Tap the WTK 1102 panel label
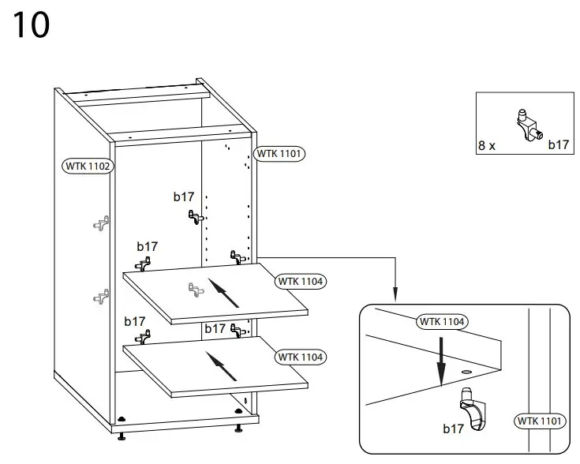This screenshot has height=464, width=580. (x=87, y=167)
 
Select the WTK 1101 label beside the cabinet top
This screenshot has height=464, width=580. (x=279, y=154)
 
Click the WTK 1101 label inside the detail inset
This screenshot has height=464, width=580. (x=541, y=421)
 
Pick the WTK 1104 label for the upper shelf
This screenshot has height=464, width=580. (x=301, y=281)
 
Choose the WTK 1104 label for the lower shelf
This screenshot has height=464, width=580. (x=301, y=357)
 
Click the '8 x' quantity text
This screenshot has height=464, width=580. (x=487, y=145)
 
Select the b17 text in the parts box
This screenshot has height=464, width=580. (x=558, y=145)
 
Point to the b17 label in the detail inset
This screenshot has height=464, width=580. (x=453, y=429)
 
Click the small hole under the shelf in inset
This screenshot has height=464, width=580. (x=465, y=369)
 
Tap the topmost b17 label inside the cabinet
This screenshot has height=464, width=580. (x=184, y=196)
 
